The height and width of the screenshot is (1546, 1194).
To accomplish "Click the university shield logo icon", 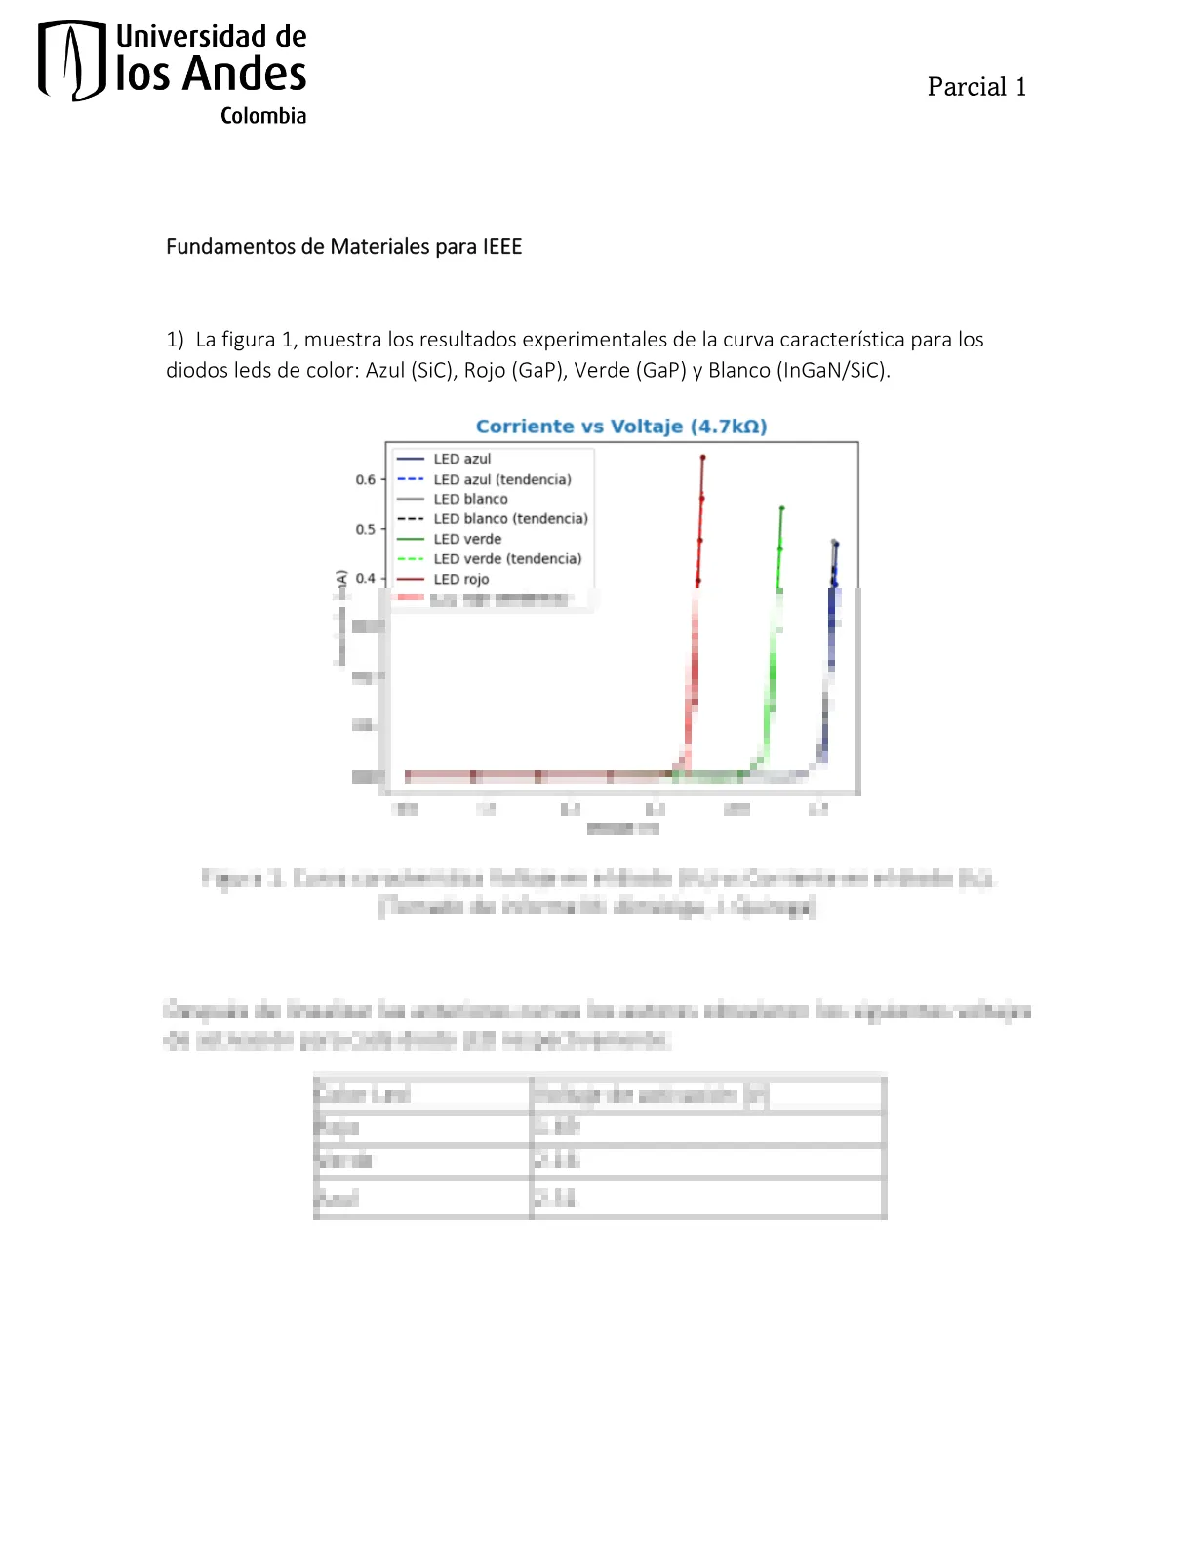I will [x=71, y=61].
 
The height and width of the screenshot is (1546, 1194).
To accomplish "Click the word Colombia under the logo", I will [x=262, y=116].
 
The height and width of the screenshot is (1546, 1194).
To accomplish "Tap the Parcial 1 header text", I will [x=976, y=87].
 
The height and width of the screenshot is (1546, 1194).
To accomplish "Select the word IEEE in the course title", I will [x=501, y=247].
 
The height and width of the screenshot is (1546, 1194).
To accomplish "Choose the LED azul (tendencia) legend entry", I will [x=501, y=479].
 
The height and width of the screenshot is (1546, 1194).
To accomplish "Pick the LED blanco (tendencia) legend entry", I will [x=510, y=519].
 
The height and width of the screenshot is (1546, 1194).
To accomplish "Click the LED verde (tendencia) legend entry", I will [x=507, y=559].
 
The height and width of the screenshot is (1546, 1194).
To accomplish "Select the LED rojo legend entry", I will [x=460, y=579].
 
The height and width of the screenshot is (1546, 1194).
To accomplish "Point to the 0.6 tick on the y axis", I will [x=365, y=480].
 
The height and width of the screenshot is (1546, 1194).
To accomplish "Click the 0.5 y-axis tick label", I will [x=365, y=529].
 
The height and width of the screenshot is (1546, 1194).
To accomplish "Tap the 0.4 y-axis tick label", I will [x=365, y=578].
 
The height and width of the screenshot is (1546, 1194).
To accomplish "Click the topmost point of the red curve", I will [x=702, y=457].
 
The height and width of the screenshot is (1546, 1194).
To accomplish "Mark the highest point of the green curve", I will [x=781, y=508].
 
